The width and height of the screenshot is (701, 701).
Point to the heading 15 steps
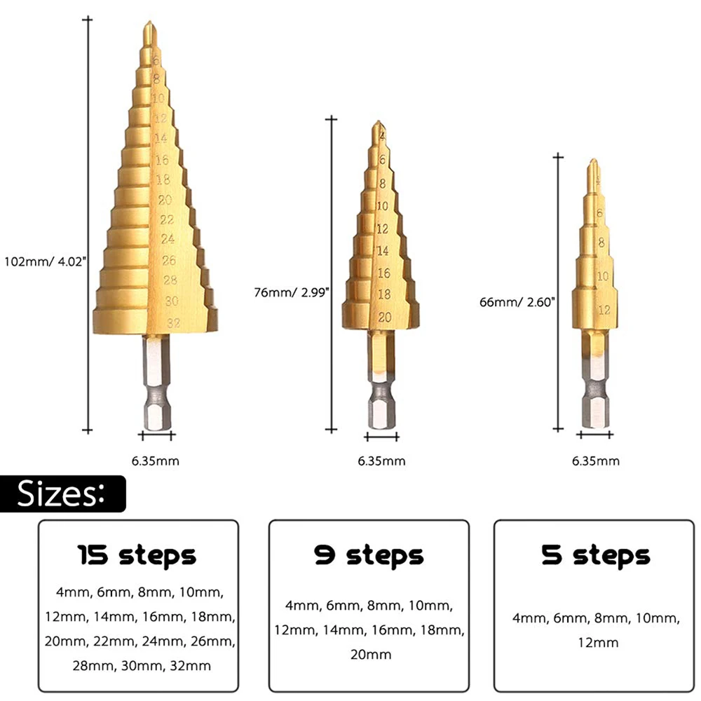[x=136, y=556]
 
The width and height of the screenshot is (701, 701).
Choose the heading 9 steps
[x=369, y=555]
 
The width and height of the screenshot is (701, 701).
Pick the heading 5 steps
[x=595, y=555]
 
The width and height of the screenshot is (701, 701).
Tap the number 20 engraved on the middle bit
[x=383, y=317]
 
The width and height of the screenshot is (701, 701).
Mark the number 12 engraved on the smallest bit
[x=602, y=308]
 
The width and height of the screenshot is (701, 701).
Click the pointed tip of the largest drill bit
[x=147, y=26]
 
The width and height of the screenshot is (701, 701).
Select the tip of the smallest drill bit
[x=593, y=163]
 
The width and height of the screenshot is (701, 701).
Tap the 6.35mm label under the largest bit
[x=156, y=461]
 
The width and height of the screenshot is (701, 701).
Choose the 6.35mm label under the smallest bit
[x=596, y=461]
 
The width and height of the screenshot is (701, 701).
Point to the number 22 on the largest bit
[x=166, y=219]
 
